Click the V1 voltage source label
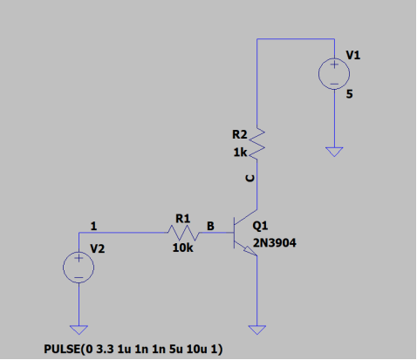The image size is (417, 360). (x=353, y=55)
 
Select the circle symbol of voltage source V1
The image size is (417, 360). (x=334, y=58)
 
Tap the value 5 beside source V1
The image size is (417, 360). (x=349, y=94)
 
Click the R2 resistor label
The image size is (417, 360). (x=240, y=134)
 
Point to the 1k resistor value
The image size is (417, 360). (x=240, y=153)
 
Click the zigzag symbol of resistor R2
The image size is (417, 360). (x=257, y=144)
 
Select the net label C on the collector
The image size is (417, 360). (x=250, y=178)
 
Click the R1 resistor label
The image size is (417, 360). (x=183, y=219)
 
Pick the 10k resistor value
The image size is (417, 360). (x=182, y=248)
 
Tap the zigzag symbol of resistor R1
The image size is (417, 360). (x=184, y=233)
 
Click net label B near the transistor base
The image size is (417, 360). (x=210, y=226)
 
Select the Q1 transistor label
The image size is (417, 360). (x=260, y=226)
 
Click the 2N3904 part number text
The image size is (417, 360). (x=275, y=243)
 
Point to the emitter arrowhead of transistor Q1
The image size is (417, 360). (x=251, y=251)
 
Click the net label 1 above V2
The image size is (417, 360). (x=93, y=226)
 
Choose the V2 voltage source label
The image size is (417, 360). (x=98, y=248)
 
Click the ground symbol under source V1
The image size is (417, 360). (x=334, y=152)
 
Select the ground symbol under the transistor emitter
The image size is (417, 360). (x=257, y=329)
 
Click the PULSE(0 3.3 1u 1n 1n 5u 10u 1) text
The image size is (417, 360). (x=133, y=349)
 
